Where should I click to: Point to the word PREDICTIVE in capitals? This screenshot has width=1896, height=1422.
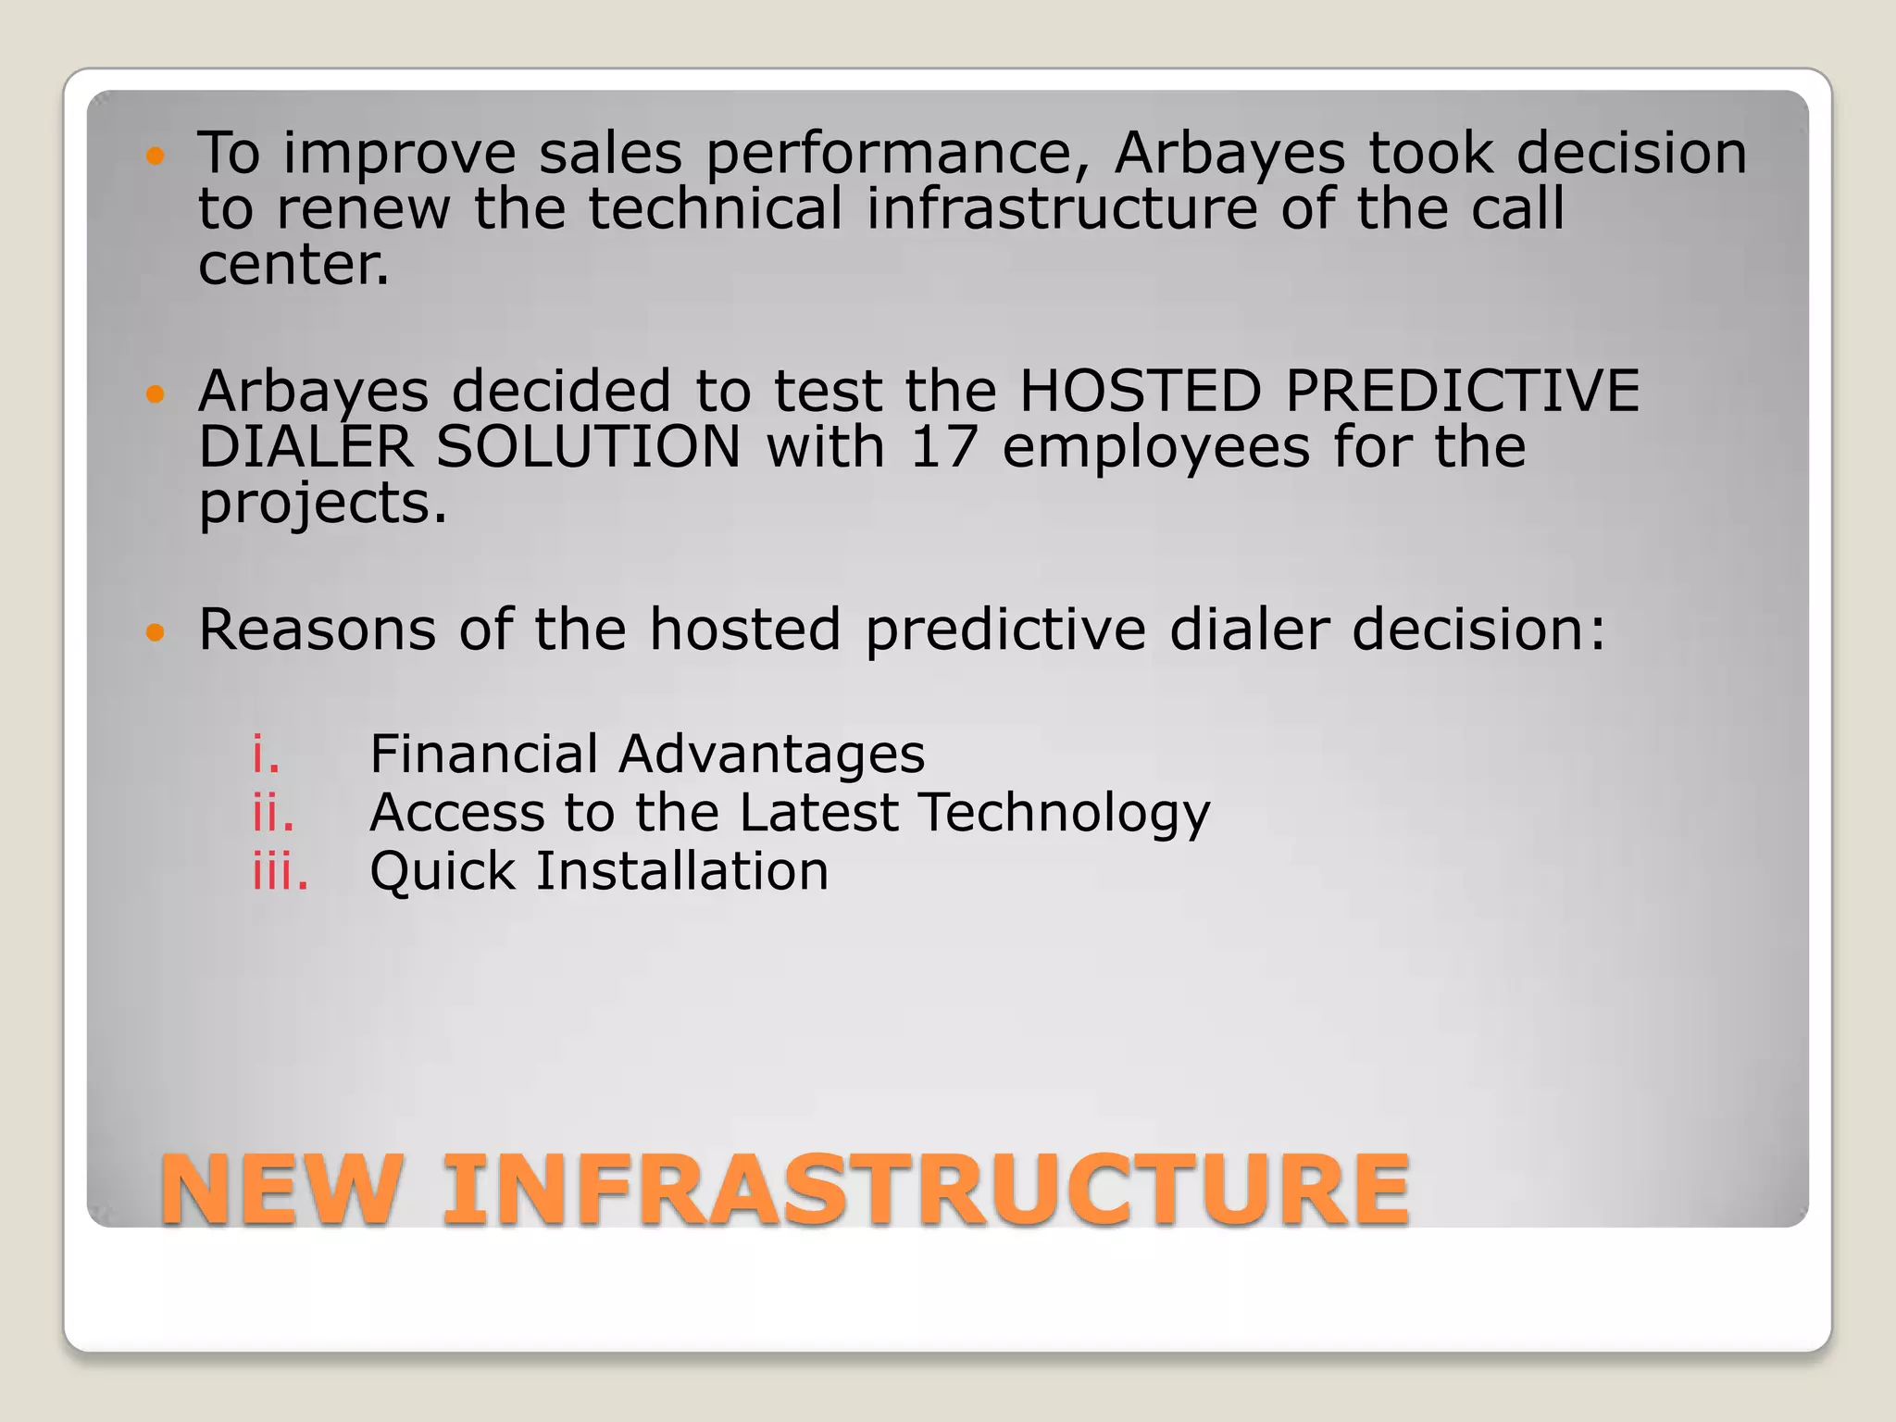pyautogui.click(x=1462, y=391)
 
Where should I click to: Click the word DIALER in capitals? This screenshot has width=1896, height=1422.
pyautogui.click(x=305, y=447)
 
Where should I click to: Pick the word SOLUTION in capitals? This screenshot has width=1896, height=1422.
pyautogui.click(x=589, y=447)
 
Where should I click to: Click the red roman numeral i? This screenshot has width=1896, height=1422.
pyautogui.click(x=266, y=754)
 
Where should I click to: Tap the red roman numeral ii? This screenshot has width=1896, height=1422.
pyautogui.click(x=273, y=812)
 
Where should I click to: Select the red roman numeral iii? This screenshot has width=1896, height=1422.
pyautogui.click(x=281, y=871)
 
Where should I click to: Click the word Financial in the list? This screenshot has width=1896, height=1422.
pyautogui.click(x=483, y=754)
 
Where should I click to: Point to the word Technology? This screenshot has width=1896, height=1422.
pyautogui.click(x=1065, y=814)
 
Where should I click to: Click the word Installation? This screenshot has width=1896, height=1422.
pyautogui.click(x=682, y=871)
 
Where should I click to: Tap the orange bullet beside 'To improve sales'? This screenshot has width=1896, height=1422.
pyautogui.click(x=156, y=156)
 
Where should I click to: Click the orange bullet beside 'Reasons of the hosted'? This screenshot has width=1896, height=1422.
pyautogui.click(x=156, y=633)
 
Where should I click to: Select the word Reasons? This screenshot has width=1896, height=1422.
pyautogui.click(x=317, y=630)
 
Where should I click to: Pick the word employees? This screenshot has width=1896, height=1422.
pyautogui.click(x=1156, y=449)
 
